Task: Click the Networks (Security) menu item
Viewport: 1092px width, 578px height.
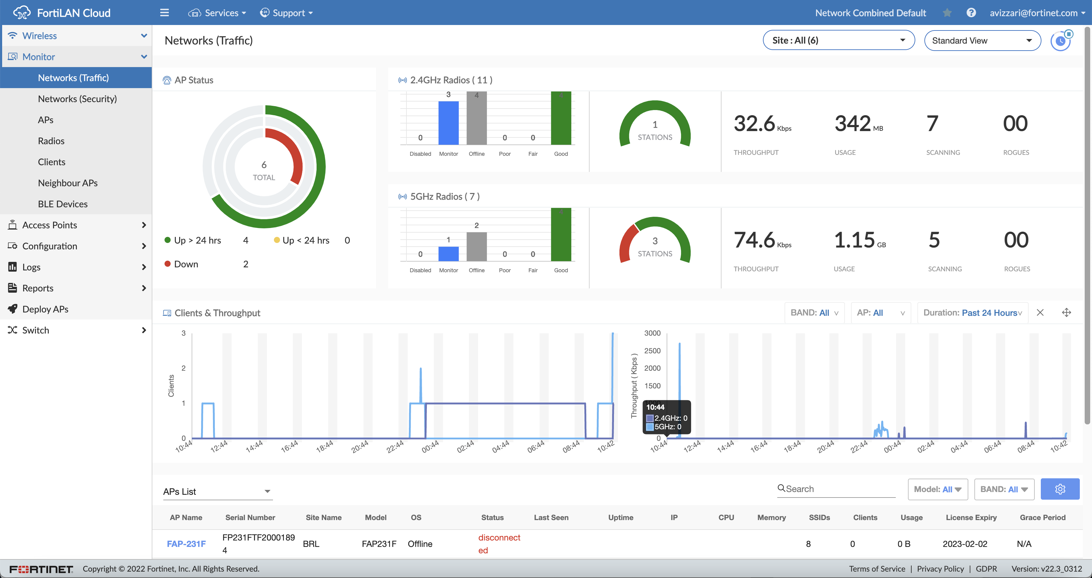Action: tap(77, 99)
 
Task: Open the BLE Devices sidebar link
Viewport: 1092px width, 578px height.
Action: tap(63, 204)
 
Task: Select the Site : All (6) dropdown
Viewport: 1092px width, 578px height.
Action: tap(838, 40)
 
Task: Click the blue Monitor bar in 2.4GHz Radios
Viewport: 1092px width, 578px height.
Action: tap(448, 123)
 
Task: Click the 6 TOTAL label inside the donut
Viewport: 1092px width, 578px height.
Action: tap(264, 170)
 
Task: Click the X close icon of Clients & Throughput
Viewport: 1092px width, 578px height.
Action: tap(1040, 313)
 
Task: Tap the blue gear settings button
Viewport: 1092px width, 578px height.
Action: tap(1059, 489)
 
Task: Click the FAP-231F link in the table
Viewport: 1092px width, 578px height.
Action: tap(186, 544)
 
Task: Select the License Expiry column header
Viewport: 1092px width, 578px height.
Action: tap(971, 517)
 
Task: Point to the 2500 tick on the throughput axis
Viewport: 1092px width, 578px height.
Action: tap(652, 351)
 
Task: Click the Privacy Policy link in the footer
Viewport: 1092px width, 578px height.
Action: tap(940, 569)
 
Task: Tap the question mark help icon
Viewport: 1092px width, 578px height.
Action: tap(971, 13)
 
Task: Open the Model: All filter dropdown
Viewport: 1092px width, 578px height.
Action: tap(937, 489)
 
